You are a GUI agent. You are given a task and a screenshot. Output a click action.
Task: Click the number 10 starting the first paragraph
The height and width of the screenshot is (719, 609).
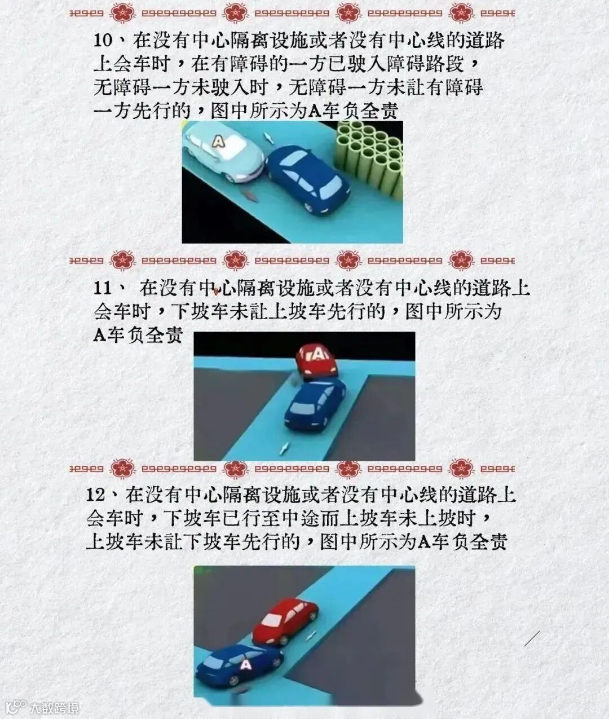point(103,41)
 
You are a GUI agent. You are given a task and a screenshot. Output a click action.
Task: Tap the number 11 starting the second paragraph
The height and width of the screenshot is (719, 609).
point(103,288)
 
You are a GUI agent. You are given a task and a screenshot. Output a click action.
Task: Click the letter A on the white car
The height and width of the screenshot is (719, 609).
point(218,141)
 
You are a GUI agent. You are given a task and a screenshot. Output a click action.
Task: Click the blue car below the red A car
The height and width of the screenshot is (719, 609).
point(315,405)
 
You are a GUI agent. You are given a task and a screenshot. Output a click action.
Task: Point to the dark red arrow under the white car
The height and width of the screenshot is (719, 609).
point(251,196)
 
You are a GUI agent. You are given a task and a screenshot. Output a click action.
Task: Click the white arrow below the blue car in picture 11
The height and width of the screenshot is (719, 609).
point(285,448)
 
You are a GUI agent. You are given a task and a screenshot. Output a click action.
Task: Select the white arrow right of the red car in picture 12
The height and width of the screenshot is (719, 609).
point(311,635)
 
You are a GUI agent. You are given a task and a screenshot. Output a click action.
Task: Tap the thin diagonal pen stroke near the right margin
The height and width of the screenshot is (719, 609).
point(532,638)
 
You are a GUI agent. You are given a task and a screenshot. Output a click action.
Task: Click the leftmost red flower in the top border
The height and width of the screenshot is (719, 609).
point(123,14)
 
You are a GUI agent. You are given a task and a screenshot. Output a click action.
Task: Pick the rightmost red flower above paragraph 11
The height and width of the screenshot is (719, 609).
point(461,260)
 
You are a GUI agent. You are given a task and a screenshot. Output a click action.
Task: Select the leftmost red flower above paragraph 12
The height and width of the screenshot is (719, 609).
point(123,469)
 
